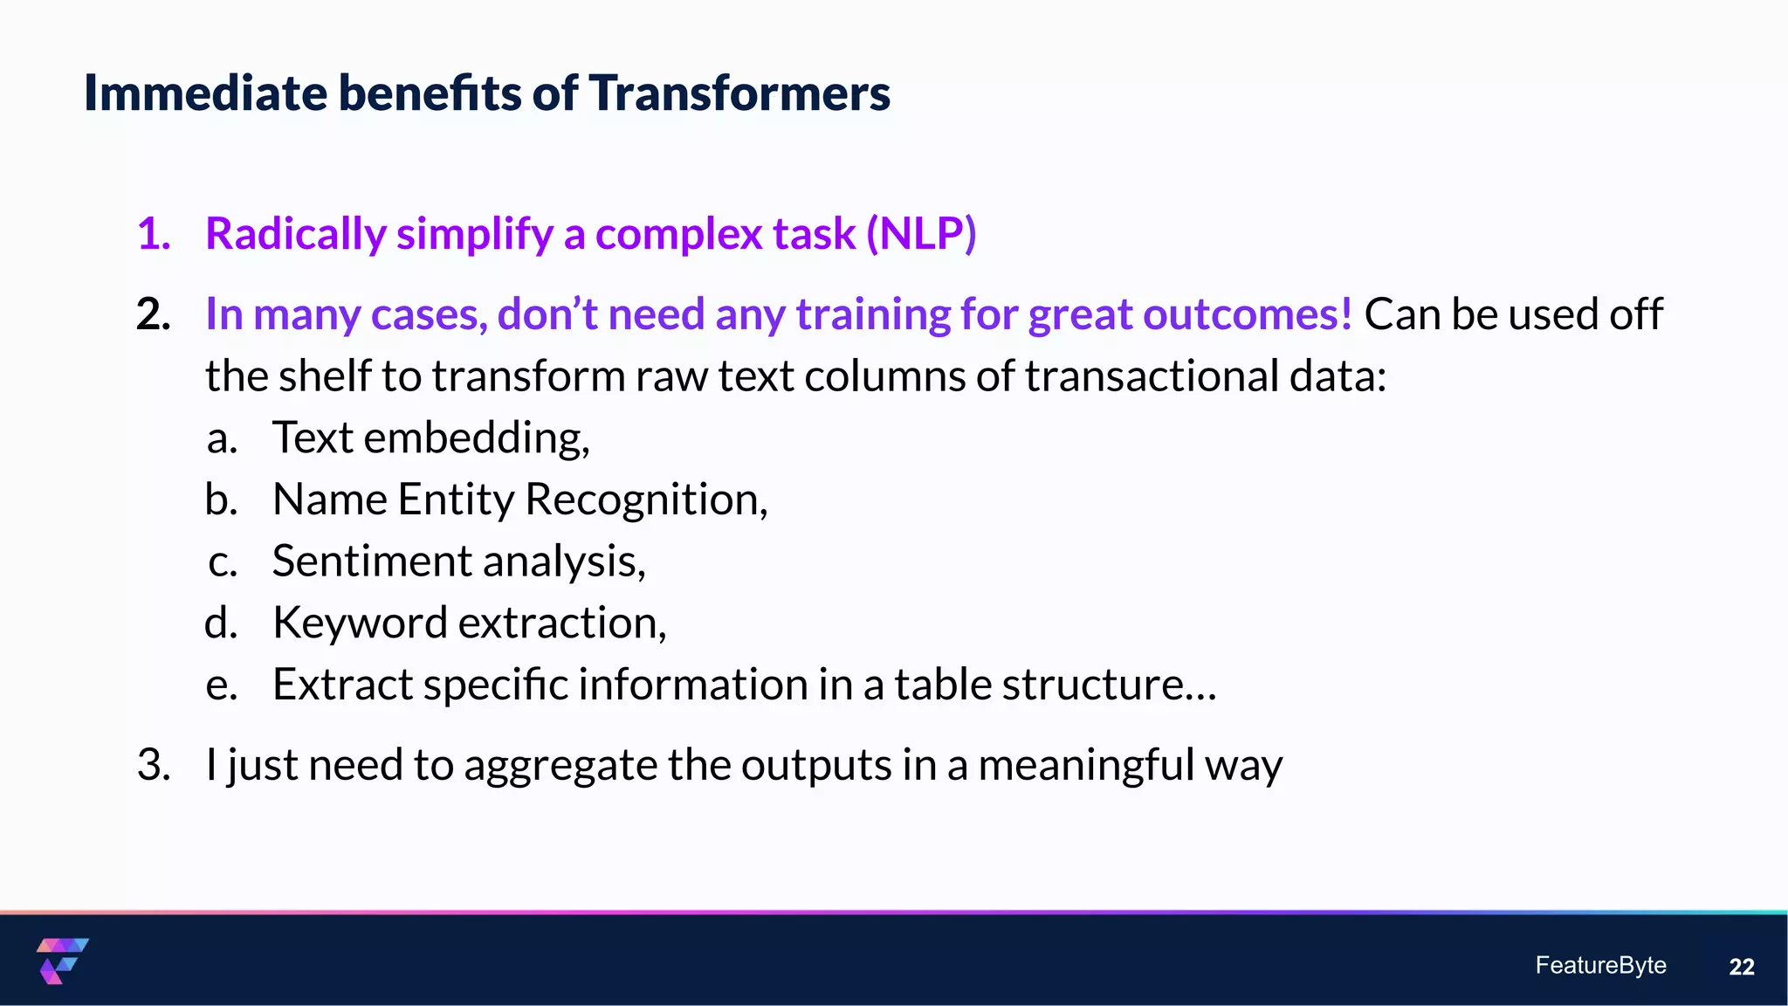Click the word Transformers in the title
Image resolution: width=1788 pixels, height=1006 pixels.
click(x=739, y=93)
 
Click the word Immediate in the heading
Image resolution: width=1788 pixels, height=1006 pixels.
click(x=205, y=93)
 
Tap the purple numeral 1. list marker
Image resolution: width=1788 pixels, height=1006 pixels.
click(x=154, y=234)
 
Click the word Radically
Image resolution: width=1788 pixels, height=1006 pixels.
click(x=295, y=234)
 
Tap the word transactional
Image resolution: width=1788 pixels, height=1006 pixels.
click(x=1152, y=376)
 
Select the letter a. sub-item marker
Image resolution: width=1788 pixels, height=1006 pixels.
click(x=222, y=438)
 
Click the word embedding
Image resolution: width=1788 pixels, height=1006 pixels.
click(x=476, y=438)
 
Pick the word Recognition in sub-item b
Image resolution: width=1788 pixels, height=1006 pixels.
click(x=645, y=500)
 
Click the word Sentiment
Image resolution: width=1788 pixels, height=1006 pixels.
click(x=372, y=562)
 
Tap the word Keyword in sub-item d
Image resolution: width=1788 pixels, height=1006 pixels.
click(x=360, y=624)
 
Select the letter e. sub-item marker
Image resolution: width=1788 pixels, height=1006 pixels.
click(x=222, y=686)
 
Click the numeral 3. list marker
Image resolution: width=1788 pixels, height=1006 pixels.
click(x=154, y=766)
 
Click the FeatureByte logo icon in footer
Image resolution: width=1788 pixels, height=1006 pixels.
click(x=62, y=961)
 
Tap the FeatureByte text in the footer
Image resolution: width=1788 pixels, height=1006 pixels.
click(x=1600, y=965)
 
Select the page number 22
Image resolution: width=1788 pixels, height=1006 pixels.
click(x=1741, y=967)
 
